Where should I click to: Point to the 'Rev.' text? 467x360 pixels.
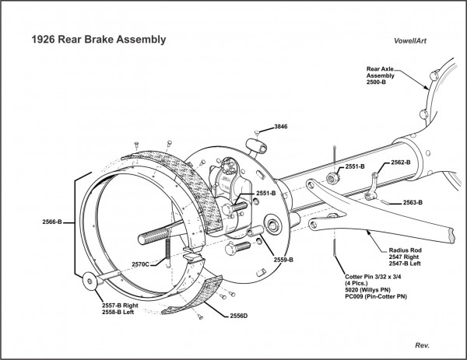(423, 343)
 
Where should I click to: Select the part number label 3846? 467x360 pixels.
(281, 125)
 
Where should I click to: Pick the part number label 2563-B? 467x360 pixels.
(412, 203)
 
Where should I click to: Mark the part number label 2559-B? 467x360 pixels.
(281, 259)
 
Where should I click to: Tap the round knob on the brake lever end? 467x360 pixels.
(89, 281)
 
